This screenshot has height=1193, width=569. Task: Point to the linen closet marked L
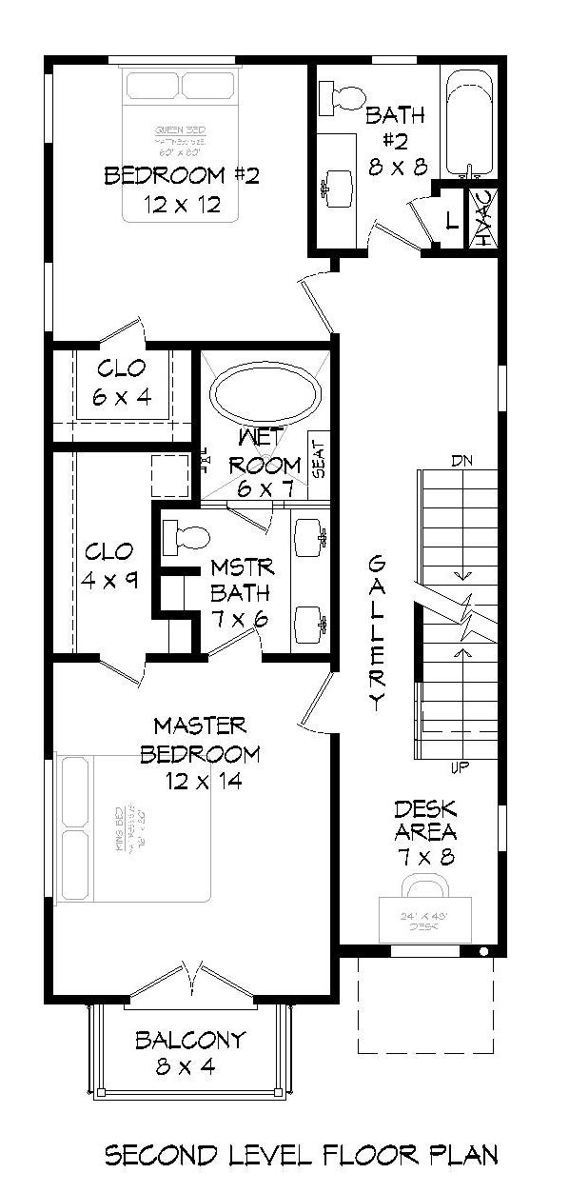pos(451,222)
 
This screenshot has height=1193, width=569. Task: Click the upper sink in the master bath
pos(309,538)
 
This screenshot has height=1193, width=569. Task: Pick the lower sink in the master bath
pos(309,624)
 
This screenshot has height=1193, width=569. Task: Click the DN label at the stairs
pos(462,461)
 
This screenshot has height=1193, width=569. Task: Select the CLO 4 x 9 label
pos(109,566)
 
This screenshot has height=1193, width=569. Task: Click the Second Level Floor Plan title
pos(300,1156)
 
